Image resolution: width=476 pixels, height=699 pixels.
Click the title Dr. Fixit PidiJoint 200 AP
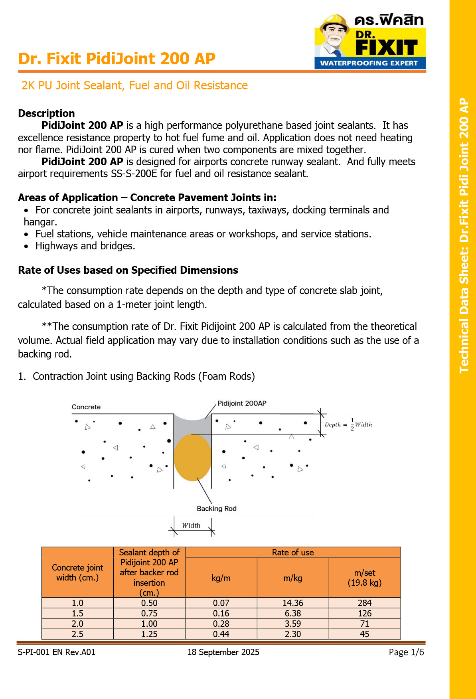tap(117, 59)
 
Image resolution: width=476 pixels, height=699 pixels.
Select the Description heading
tap(46, 113)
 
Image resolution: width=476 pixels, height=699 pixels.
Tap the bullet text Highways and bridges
tap(85, 246)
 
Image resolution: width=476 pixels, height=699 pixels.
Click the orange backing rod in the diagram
tap(193, 458)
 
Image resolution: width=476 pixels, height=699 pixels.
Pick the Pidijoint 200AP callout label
tap(242, 403)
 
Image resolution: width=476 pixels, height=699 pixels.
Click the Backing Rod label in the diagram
tap(217, 509)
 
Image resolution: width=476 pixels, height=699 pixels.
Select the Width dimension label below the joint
tap(191, 525)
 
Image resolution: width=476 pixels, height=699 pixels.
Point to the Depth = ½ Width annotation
tap(348, 425)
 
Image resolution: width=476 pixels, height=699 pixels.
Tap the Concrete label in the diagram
tap(86, 407)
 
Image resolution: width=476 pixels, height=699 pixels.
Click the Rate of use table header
tap(293, 553)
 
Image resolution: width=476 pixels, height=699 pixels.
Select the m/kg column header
tap(293, 578)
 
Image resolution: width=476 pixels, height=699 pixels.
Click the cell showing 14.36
tap(293, 603)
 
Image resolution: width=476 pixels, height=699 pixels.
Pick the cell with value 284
tap(365, 603)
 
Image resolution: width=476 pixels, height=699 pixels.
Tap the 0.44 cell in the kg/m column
tap(221, 634)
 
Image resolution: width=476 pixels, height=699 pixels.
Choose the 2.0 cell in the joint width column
tap(77, 624)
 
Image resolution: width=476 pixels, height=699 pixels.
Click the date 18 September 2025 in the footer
tap(223, 652)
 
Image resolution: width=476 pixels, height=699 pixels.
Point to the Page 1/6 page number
tap(406, 652)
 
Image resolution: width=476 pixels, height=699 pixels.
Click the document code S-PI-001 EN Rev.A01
tap(57, 652)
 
